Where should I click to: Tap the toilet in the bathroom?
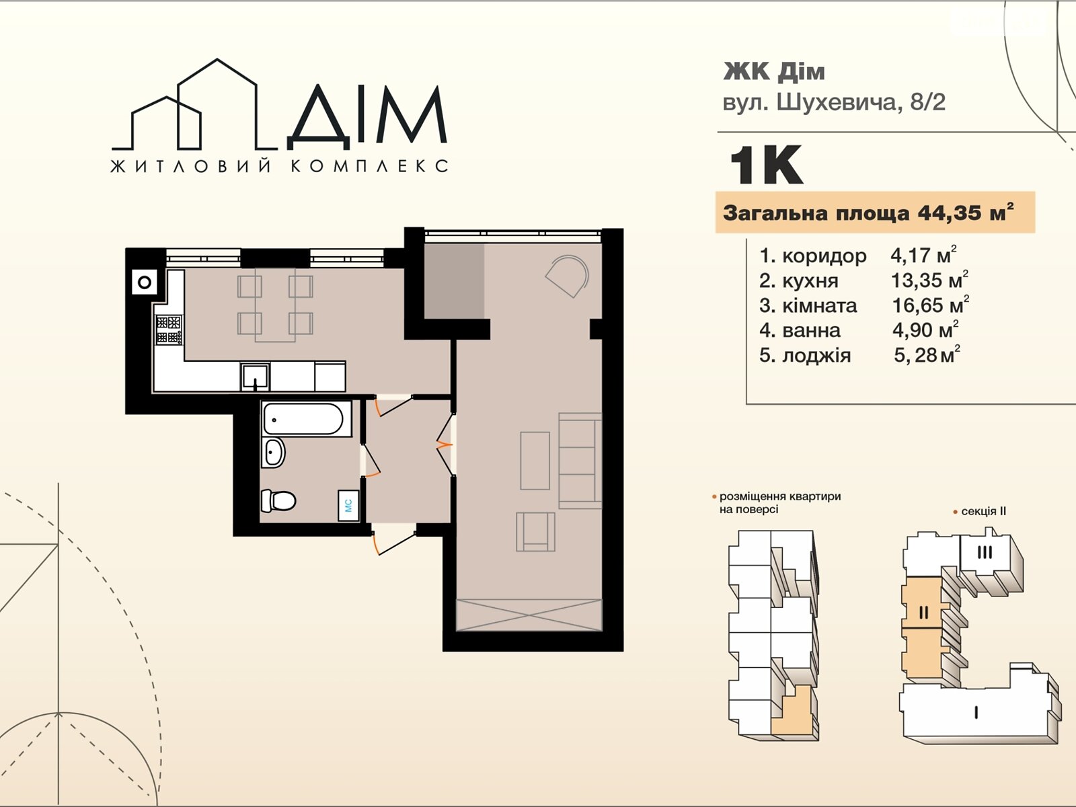tap(278, 500)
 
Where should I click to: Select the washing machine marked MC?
tap(348, 505)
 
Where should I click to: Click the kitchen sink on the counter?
tap(255, 377)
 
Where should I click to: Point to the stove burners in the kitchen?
tap(169, 330)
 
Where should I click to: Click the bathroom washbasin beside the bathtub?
tap(274, 453)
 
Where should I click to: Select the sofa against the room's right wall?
tap(580, 461)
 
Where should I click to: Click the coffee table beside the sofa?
tap(535, 461)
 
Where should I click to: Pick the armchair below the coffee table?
tap(535, 532)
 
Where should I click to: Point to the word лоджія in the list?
tap(816, 355)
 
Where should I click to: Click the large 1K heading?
tap(766, 165)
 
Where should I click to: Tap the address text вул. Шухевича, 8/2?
tap(834, 102)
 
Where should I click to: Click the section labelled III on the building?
tap(985, 553)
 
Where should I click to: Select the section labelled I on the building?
tap(976, 712)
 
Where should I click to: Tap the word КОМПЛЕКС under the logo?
tap(370, 166)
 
